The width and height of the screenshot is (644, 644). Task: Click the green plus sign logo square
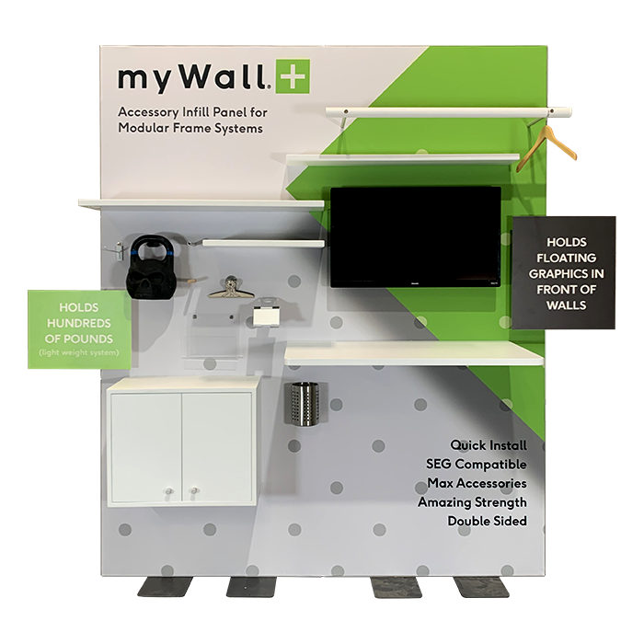(x=293, y=76)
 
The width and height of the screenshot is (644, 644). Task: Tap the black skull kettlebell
(x=150, y=267)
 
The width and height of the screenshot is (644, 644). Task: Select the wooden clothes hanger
(x=546, y=148)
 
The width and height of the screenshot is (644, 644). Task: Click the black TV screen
(x=416, y=237)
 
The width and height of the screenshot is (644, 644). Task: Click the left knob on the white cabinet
(x=168, y=491)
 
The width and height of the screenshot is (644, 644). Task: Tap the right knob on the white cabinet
(x=194, y=490)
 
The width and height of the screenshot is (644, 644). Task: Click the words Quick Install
(x=489, y=445)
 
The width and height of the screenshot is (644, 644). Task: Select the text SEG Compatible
(x=477, y=464)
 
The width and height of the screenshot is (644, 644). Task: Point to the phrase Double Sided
(x=487, y=521)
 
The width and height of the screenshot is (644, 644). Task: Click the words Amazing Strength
(x=472, y=502)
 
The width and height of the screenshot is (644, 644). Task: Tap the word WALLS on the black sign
(x=566, y=305)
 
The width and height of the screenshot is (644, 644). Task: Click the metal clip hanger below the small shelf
(x=231, y=288)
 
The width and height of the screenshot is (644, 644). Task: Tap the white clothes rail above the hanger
(x=449, y=111)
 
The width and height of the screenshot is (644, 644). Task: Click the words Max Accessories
(x=477, y=483)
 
